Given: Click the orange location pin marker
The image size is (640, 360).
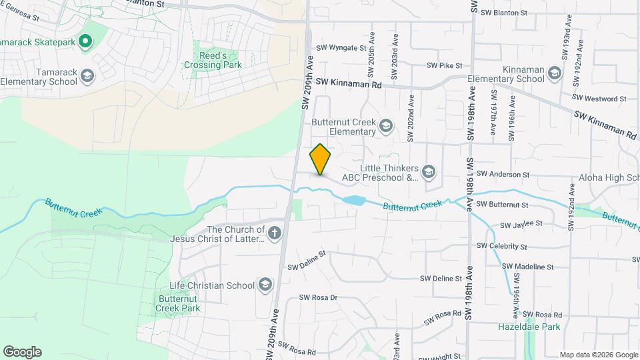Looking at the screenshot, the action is pos(321,159).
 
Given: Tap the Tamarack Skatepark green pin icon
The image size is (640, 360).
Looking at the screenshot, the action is pos(85,42).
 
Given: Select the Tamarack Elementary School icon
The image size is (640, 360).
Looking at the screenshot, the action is pos(87,76).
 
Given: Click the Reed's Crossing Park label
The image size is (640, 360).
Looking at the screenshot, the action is pos(218,59).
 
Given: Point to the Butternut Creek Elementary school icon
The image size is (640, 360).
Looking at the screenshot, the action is pos(385,125).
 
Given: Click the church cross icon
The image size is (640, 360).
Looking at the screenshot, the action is pos(275,233).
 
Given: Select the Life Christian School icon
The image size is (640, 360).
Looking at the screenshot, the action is pos(265,285).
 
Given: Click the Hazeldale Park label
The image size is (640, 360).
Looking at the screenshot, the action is pos(529,327).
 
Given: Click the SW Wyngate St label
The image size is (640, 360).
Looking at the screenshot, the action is pos(341,48).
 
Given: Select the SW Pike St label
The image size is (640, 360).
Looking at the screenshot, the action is pos(445,66).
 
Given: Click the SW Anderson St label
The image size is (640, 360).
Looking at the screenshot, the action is pos(503,175).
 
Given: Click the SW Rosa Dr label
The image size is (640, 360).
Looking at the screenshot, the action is pos(319,297).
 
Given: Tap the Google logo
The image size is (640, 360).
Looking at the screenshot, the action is pos(22,352).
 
